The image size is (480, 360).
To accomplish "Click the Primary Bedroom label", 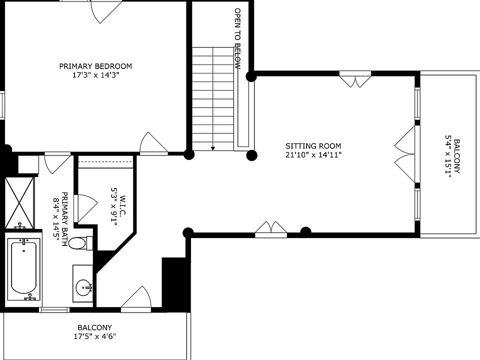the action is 95,66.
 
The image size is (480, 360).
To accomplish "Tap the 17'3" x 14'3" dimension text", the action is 95,75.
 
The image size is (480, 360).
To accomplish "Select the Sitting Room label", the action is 313,146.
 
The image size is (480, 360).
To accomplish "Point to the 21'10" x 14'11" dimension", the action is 313,155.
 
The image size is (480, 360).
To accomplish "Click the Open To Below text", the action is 238,38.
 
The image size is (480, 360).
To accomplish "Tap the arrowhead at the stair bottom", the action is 213,149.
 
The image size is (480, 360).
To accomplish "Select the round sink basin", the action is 83,287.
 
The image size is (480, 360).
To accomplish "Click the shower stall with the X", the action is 19,202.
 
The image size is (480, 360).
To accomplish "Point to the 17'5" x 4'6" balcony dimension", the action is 95,336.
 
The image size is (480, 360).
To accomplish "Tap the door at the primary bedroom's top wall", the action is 104,11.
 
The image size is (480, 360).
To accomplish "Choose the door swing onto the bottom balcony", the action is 136,298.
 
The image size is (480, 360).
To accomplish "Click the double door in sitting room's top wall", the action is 355,79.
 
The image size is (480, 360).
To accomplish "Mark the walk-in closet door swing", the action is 85,208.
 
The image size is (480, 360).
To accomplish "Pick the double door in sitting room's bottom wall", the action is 271,229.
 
